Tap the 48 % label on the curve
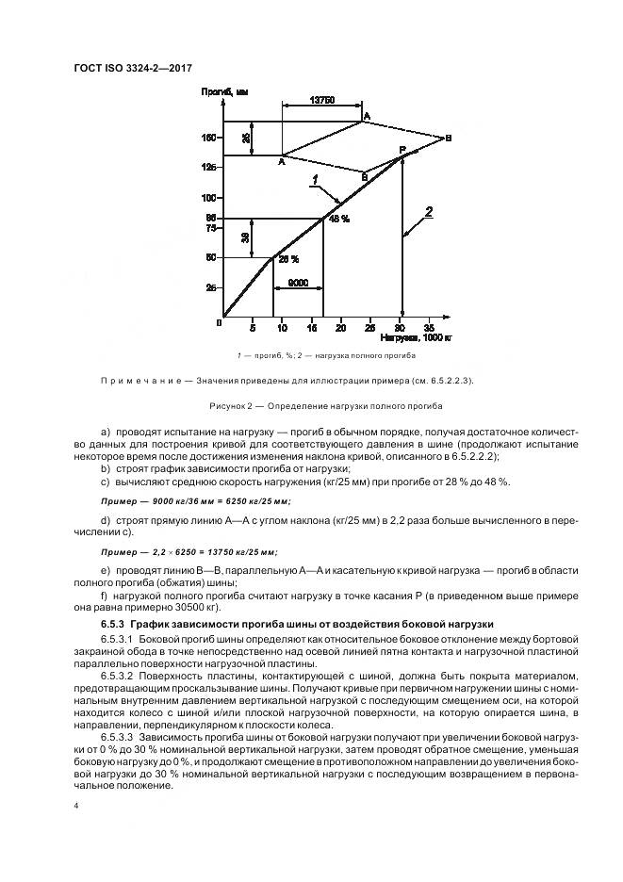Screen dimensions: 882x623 [338, 219]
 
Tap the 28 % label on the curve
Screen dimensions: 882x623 [287, 259]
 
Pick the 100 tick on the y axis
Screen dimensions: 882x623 [208, 198]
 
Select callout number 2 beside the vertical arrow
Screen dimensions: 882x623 [428, 212]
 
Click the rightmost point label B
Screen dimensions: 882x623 [449, 139]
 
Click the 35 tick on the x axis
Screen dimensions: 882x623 [430, 327]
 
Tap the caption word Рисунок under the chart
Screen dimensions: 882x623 [232, 406]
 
